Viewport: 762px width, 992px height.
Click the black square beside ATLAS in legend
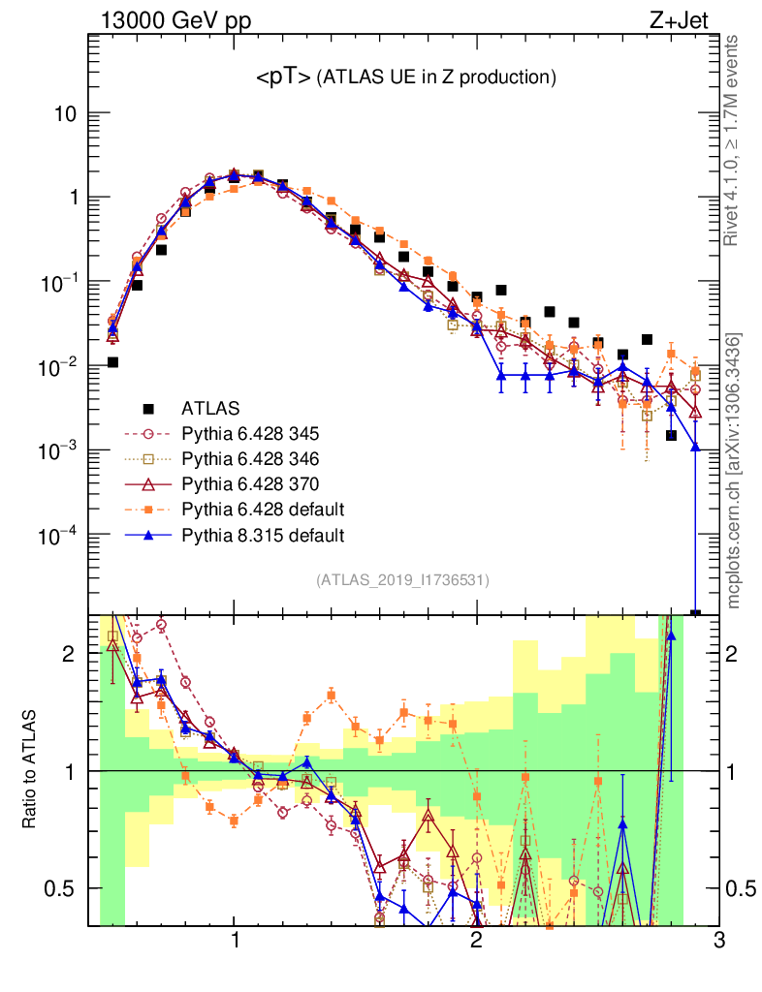[147, 408]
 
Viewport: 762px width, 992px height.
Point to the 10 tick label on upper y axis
[63, 113]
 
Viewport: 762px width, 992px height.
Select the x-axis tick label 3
[717, 943]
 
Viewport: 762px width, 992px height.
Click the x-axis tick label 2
[476, 943]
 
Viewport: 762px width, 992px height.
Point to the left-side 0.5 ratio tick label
[61, 888]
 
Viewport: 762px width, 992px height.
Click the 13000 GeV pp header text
[175, 18]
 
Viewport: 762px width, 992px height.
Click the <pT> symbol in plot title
[283, 78]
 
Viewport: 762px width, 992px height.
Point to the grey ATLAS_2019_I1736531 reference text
[402, 580]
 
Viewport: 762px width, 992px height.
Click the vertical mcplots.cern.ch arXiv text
[735, 470]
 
